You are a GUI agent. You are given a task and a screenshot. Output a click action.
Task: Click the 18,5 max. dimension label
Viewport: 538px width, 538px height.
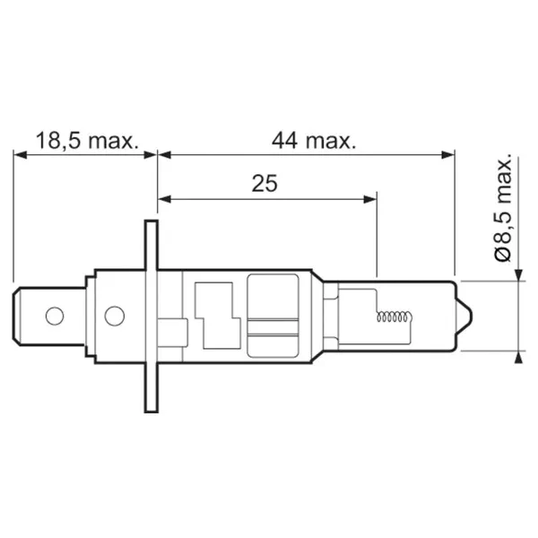pos(87,141)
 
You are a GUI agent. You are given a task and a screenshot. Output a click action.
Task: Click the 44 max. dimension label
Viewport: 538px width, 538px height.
pos(314,141)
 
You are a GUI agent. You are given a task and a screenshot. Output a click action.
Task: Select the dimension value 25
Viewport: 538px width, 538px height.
pos(265,184)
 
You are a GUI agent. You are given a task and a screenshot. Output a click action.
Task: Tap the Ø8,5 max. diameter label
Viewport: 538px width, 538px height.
pos(503,207)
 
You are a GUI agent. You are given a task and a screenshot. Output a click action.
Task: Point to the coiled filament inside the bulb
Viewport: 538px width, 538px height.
pos(394,317)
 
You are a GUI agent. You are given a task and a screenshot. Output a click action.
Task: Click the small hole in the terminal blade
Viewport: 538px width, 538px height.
pos(55,316)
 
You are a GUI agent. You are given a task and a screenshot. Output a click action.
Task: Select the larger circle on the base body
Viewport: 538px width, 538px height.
pos(114,316)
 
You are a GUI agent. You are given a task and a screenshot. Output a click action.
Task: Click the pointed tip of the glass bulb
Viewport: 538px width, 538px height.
pos(472,316)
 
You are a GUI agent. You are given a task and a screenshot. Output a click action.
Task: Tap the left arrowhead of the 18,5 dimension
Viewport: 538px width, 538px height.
pos(20,155)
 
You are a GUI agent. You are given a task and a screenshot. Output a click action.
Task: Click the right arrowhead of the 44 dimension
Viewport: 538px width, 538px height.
pos(448,155)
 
